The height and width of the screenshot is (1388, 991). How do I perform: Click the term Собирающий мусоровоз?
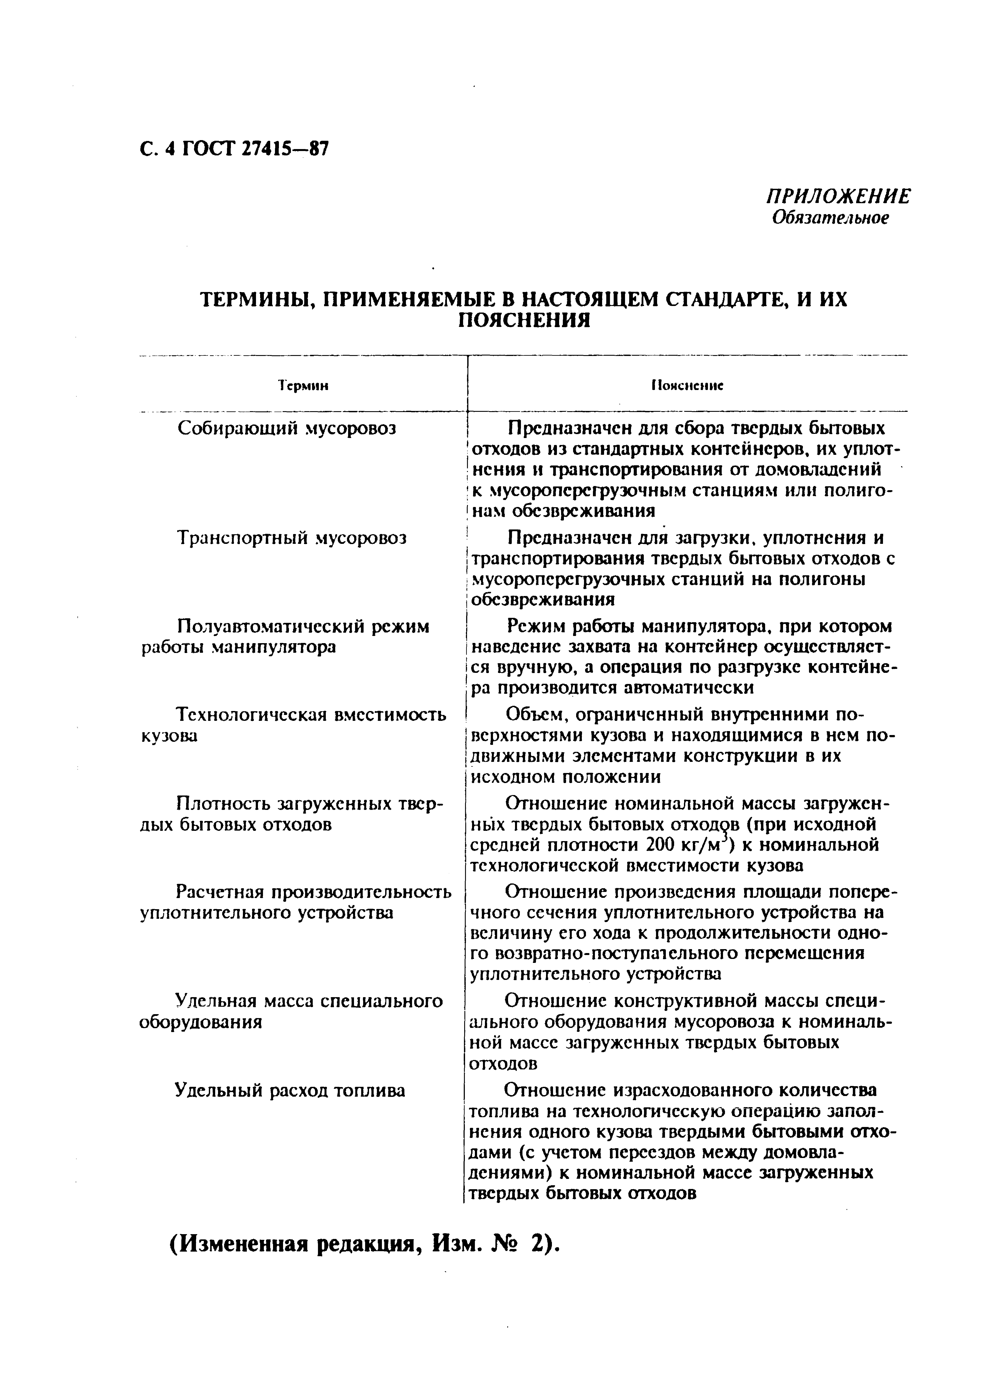coord(287,428)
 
